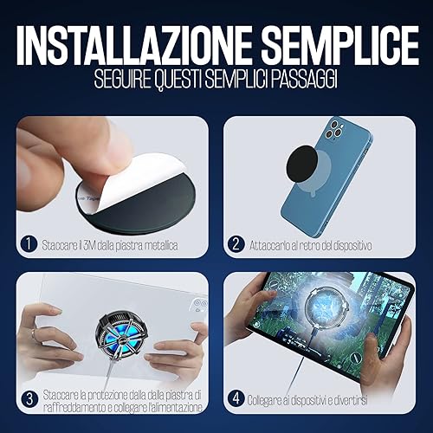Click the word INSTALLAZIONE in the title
[x=133, y=46]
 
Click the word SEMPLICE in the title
[x=340, y=46]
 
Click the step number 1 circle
[x=29, y=244]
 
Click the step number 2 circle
[x=236, y=244]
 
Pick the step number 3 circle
[x=29, y=399]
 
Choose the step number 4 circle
[x=236, y=398]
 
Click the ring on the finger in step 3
[x=34, y=334]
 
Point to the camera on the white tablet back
[x=200, y=306]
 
